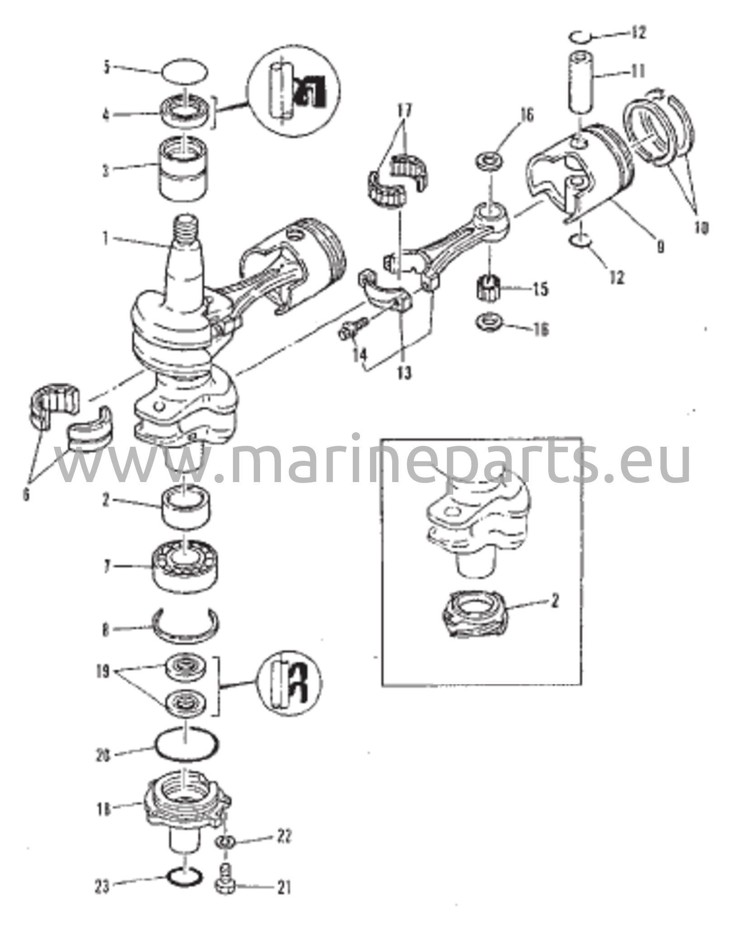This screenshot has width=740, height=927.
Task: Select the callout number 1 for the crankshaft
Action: (106, 238)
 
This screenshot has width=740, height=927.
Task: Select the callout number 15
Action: (540, 289)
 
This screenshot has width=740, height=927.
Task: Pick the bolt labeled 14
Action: (350, 327)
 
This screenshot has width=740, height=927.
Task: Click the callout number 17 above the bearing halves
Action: (404, 110)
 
